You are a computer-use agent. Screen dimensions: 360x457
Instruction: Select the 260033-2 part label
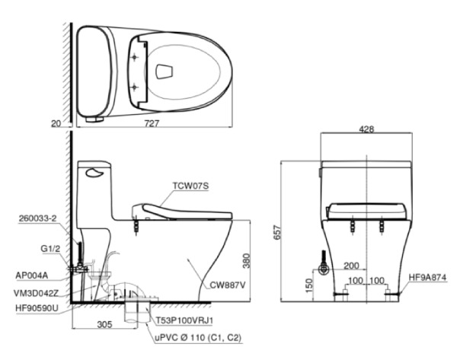click(38, 218)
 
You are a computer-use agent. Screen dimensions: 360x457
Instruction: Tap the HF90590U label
click(38, 307)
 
